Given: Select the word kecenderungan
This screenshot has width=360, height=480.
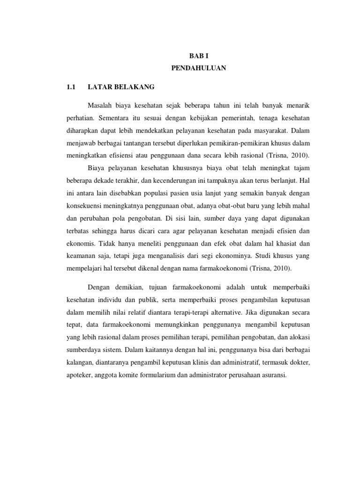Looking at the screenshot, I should click(165, 180).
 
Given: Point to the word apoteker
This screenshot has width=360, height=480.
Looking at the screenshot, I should click(78, 375).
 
